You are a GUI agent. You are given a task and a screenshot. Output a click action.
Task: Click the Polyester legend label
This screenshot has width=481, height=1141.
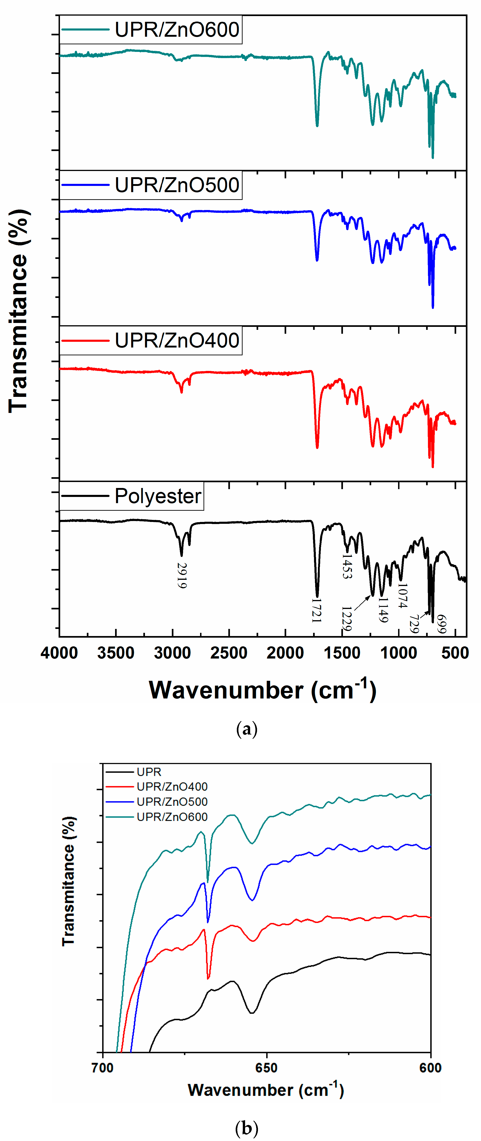158,496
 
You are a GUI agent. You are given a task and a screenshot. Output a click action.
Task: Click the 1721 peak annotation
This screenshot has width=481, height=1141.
316,610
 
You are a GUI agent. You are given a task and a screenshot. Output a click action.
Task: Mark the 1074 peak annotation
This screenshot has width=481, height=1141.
402,596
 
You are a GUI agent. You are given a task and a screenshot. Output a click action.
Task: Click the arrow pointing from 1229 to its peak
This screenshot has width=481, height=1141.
362,603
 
